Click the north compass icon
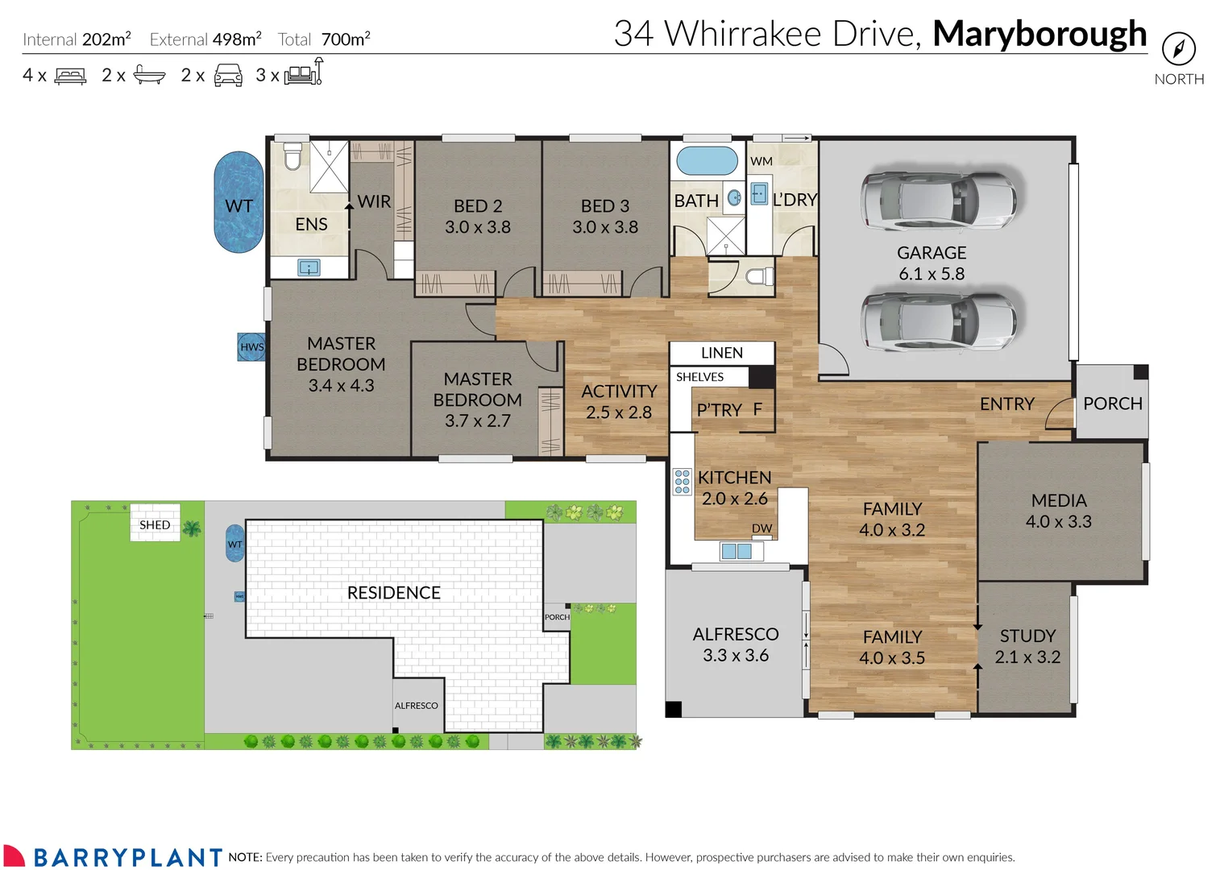coord(1178,49)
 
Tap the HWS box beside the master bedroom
coord(251,347)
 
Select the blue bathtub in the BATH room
coord(707,161)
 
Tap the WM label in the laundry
coord(761,161)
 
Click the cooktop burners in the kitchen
coord(682,481)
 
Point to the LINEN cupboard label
coord(721,353)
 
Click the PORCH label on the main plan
coord(1112,404)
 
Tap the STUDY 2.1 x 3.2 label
coord(1027,646)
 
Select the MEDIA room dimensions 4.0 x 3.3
coord(1058,522)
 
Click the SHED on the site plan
coord(155,524)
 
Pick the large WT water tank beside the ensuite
coord(239,203)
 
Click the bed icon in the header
coord(70,77)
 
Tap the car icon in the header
coord(228,76)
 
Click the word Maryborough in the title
coord(1039,34)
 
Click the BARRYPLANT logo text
coord(127,856)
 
